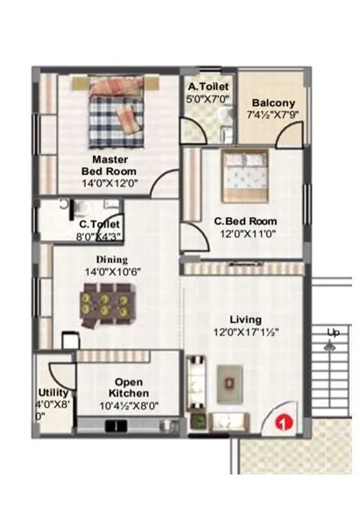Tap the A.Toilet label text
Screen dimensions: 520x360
tap(209, 88)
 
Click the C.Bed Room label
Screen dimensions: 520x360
tap(246, 221)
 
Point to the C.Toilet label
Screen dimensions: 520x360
tap(99, 224)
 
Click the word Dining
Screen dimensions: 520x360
tap(112, 259)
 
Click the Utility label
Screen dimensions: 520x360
tap(53, 392)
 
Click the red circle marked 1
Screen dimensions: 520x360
tap(282, 423)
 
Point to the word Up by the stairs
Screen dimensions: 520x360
tap(332, 334)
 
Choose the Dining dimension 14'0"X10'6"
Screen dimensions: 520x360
tap(112, 272)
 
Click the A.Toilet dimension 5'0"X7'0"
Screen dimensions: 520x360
tap(209, 100)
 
